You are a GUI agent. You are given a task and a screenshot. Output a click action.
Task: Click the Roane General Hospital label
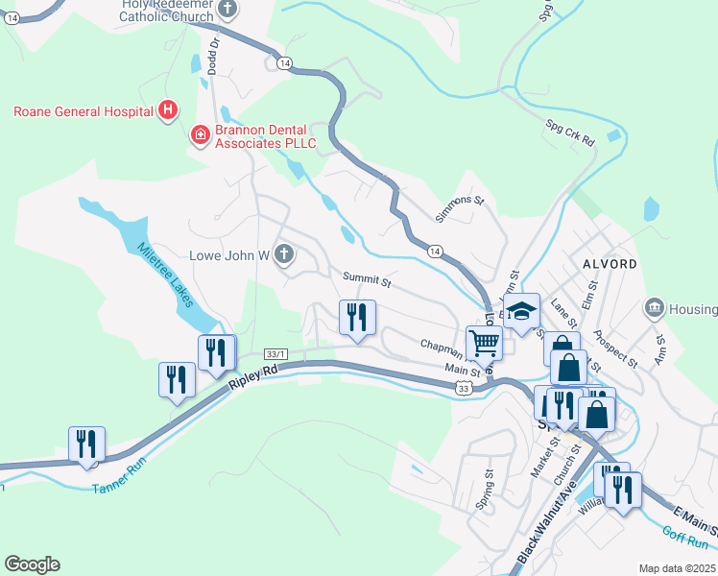84,110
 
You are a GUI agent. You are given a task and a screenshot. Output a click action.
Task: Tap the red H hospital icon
168,110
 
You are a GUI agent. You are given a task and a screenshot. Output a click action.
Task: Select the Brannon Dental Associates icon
201,134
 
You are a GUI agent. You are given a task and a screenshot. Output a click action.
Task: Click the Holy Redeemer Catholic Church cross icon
227,11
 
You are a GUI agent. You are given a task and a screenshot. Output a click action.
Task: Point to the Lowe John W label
229,255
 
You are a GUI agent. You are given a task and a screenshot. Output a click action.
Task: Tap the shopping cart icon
484,341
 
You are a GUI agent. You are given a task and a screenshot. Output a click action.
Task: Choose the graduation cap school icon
521,312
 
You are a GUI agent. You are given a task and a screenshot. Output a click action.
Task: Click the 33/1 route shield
276,353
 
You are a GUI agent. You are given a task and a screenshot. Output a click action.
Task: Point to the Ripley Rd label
252,376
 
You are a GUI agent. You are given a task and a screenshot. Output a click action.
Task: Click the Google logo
32,564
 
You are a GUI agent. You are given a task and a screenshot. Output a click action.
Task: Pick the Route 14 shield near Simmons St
435,251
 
